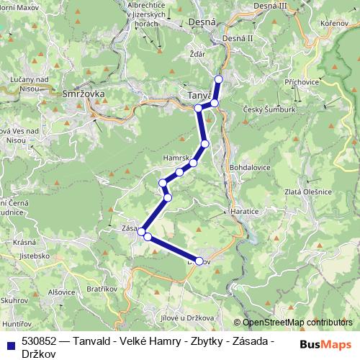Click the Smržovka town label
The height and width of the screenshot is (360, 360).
pos(73,94)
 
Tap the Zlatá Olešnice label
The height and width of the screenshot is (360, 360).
pos(307,192)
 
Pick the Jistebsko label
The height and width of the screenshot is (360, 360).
pos(35,255)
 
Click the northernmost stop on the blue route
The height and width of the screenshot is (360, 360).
pos(219,78)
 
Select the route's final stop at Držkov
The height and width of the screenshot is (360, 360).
pos(199,261)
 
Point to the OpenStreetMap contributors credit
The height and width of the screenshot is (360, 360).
pos(297,323)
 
